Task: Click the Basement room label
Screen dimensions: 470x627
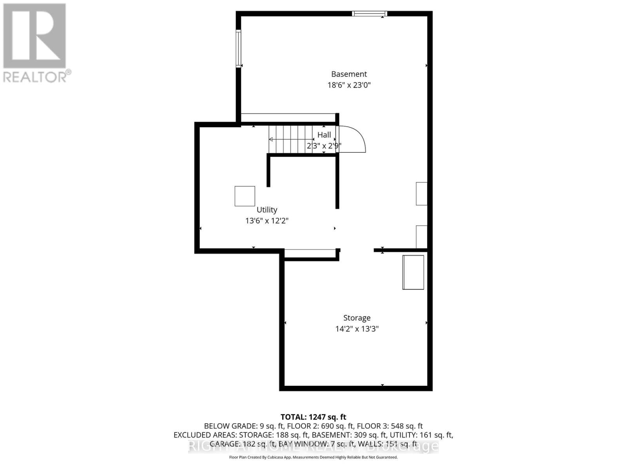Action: [x=349, y=74]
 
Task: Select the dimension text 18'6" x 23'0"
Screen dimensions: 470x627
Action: [x=349, y=85]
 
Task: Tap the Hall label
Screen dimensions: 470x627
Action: [x=324, y=135]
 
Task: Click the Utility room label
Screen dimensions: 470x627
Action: [x=267, y=210]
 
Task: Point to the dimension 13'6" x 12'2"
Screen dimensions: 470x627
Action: [x=267, y=221]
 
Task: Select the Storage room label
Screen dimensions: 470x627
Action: [x=357, y=318]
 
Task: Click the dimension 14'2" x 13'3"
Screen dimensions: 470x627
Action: [x=357, y=329]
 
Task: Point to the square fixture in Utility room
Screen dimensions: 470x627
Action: [x=245, y=196]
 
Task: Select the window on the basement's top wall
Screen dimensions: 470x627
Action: [x=369, y=14]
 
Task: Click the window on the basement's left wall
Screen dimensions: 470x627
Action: [x=238, y=49]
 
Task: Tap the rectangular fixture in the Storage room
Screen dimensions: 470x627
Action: [x=413, y=272]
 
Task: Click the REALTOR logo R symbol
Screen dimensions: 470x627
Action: [x=34, y=36]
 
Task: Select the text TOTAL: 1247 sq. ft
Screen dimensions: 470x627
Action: [x=313, y=417]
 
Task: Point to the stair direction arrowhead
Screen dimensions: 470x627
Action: [x=271, y=139]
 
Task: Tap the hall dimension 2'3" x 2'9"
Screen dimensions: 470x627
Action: [x=324, y=146]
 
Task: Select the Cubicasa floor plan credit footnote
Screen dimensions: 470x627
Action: [x=313, y=457]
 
